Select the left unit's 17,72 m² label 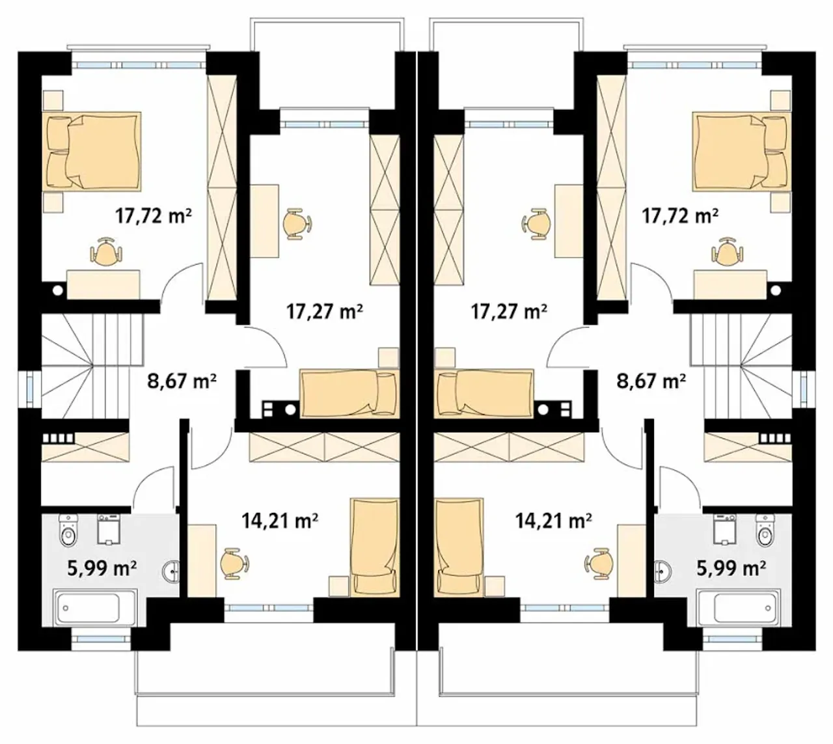click(x=154, y=215)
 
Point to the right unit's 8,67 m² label click(x=651, y=381)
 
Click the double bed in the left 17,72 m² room click(x=94, y=152)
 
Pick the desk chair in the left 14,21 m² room click(x=235, y=564)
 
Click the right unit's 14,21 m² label click(x=553, y=521)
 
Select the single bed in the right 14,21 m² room click(x=458, y=547)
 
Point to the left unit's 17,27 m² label click(x=324, y=311)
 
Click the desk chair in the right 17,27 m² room click(x=536, y=224)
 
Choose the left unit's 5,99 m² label click(x=102, y=569)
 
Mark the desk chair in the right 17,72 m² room click(x=727, y=251)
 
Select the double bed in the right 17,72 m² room click(x=741, y=152)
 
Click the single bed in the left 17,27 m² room click(x=349, y=394)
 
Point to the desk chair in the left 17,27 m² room click(x=297, y=224)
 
